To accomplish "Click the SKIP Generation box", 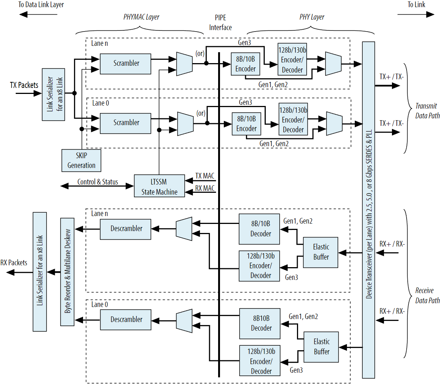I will (81, 160).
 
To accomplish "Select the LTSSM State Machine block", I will (160, 186).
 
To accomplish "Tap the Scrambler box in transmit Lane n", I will (126, 63).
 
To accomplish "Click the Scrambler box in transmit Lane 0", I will (126, 122).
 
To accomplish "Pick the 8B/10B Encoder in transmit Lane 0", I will (246, 124).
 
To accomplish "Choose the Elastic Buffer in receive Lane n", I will (321, 252).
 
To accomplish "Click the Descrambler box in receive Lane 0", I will (126, 319).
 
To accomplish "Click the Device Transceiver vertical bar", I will (368, 210).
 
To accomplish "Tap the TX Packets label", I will (24, 85).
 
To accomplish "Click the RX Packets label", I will (14, 263).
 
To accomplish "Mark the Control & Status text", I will (98, 182).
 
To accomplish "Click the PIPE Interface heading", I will (220, 23).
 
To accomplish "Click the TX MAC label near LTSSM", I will (205, 176).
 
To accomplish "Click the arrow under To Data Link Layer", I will (38, 15).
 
